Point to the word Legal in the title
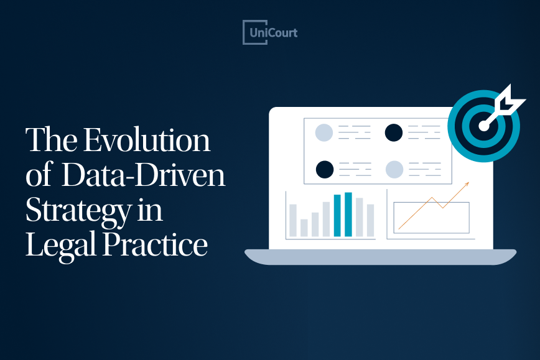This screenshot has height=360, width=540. (52, 246)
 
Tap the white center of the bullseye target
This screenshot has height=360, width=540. (483, 126)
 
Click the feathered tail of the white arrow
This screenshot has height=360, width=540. (512, 99)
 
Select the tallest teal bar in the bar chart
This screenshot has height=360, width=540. (348, 215)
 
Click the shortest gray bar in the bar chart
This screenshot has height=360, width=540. (304, 228)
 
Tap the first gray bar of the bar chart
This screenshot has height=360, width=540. (292, 220)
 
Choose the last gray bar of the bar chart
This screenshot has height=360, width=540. (370, 220)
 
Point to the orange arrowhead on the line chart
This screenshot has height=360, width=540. (466, 185)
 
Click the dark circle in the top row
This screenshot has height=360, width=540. (393, 132)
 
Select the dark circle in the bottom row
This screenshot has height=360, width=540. (325, 169)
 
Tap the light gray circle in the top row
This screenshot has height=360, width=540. (324, 132)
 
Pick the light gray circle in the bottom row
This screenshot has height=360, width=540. (394, 169)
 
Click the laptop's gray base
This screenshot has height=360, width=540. (380, 256)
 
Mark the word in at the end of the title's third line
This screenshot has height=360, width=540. (150, 211)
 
